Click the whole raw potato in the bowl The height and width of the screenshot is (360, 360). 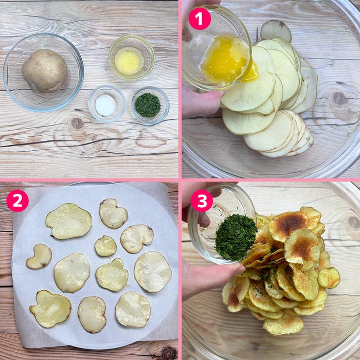[x=45, y=71]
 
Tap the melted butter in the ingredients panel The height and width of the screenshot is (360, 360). [x=129, y=61]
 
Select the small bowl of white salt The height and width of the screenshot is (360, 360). [x=107, y=103]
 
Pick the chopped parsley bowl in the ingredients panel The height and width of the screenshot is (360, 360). [x=150, y=105]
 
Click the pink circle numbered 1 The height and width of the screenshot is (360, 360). [x=200, y=19]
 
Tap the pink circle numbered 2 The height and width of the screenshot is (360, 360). [x=17, y=201]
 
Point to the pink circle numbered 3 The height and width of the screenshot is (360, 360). [x=202, y=201]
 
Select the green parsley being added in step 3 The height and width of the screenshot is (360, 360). [x=236, y=238]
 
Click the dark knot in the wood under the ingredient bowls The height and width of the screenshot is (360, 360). [x=77, y=123]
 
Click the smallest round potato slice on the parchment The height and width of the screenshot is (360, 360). [x=105, y=246]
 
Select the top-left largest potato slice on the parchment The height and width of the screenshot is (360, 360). [x=68, y=221]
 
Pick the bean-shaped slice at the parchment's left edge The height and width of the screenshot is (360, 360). [x=39, y=257]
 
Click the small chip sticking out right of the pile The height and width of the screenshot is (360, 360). [x=329, y=278]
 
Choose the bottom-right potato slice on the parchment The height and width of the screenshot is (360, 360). [x=133, y=310]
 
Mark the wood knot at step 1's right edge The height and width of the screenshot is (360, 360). [x=339, y=99]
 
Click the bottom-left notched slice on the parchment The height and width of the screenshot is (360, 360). [x=50, y=309]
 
